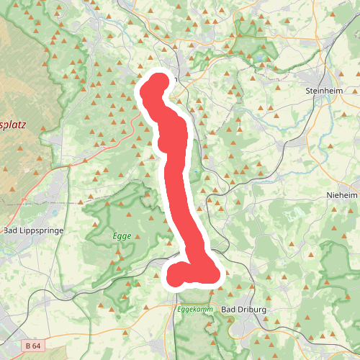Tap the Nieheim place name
click(341, 194)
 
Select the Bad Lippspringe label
click(34, 230)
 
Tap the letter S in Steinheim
click(308, 91)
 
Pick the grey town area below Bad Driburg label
click(252, 328)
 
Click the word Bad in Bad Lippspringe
click(11, 230)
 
